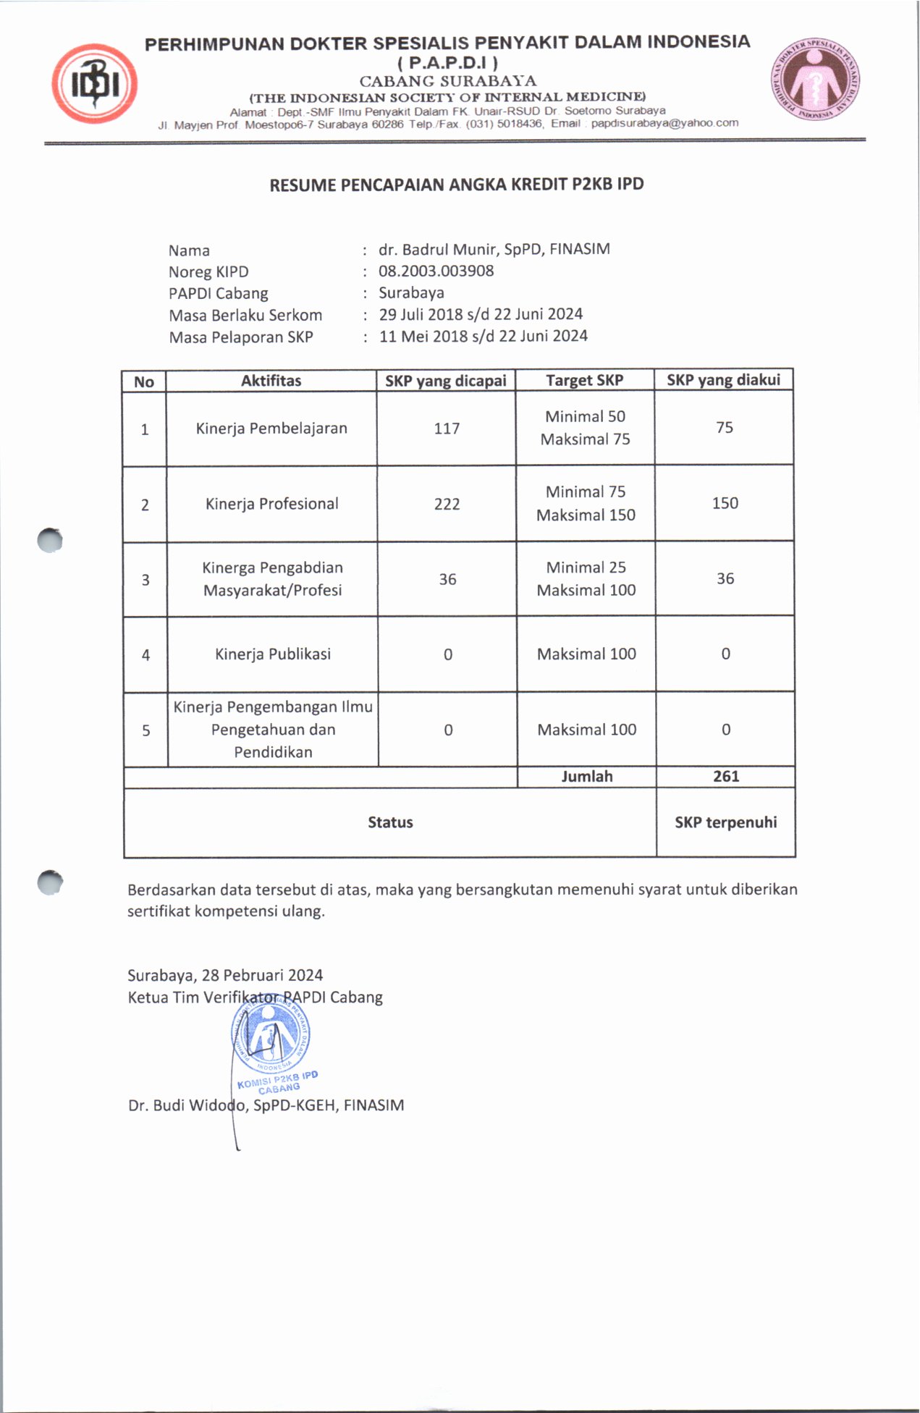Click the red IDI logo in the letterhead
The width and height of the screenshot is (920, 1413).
click(94, 84)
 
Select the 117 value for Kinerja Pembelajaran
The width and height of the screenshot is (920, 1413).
click(447, 429)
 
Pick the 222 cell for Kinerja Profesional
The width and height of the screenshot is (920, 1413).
click(447, 504)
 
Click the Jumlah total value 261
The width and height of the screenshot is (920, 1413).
click(725, 777)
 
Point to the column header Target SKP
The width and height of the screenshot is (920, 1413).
click(584, 381)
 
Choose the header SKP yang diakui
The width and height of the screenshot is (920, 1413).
click(723, 380)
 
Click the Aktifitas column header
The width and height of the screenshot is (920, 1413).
click(271, 381)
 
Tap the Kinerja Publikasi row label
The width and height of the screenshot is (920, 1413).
click(273, 654)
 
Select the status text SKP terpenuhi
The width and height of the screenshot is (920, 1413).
click(725, 822)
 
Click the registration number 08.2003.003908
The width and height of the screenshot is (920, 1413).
click(436, 271)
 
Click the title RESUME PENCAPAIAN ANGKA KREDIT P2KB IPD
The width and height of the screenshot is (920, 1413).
click(456, 185)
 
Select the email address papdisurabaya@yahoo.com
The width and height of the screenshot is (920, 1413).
click(664, 123)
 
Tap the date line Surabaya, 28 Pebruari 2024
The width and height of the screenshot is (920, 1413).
click(225, 975)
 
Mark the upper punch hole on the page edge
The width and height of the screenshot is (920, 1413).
click(50, 540)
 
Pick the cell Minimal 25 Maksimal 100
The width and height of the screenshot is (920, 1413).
click(586, 579)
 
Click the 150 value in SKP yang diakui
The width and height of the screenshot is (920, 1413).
click(725, 503)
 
